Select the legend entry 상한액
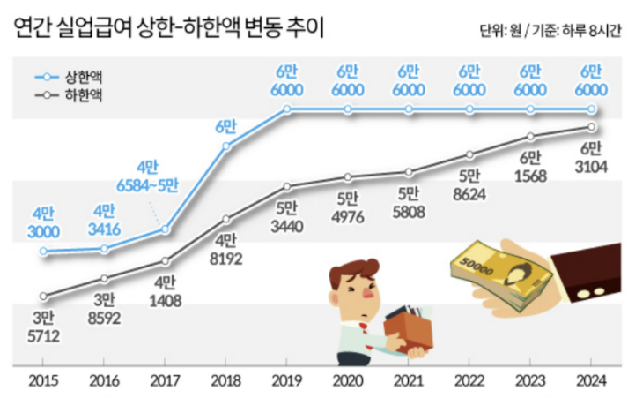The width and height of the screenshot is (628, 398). click(83, 77)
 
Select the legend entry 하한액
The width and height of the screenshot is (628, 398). click(83, 94)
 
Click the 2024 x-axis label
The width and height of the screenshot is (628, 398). click(591, 379)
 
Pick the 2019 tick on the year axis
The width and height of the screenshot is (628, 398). click(287, 379)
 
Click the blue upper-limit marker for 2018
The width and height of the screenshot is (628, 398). click(226, 146)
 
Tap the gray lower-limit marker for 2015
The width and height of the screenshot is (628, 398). click(43, 297)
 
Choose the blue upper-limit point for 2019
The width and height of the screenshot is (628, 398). click(287, 109)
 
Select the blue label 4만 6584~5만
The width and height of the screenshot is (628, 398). click(147, 176)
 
